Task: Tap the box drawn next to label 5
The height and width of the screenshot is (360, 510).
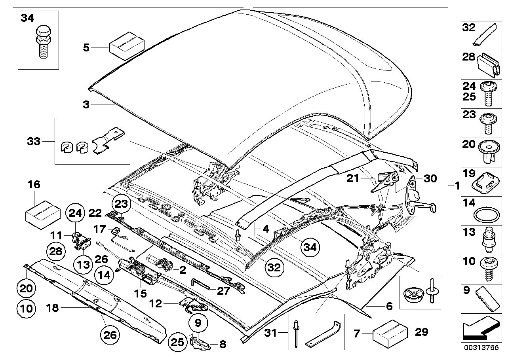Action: coord(126,47)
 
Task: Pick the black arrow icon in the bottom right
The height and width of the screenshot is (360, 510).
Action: coord(480,330)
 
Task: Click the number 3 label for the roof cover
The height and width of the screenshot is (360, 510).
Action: coord(86,104)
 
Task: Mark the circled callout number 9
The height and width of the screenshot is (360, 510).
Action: coord(198,323)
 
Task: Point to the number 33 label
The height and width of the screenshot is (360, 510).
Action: coord(34,141)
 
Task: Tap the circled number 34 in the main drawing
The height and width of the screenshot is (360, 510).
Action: coord(311,248)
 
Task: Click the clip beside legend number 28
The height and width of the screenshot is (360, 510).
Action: coord(486,65)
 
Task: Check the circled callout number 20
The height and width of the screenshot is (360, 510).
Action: coord(26,288)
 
